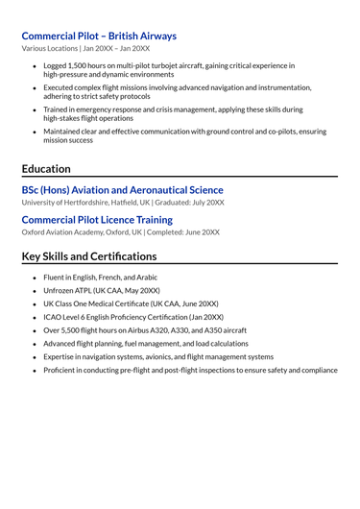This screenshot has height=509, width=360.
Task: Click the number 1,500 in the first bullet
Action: [x=80, y=65]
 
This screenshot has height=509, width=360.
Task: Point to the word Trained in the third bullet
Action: [x=57, y=109]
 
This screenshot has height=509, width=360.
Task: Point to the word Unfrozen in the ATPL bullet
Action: [x=60, y=290]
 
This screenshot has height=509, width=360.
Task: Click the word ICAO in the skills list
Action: [x=53, y=317]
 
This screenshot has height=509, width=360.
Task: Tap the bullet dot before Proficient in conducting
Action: [x=35, y=370]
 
